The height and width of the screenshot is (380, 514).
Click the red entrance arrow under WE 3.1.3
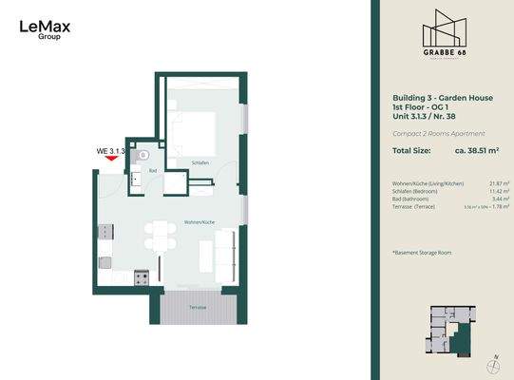tap(112, 160)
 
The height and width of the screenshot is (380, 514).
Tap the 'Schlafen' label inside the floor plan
tap(199, 162)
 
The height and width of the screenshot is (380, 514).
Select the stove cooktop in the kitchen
tap(141, 278)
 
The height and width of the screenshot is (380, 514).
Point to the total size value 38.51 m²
tap(479, 150)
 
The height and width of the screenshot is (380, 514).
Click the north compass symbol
tap(494, 365)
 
